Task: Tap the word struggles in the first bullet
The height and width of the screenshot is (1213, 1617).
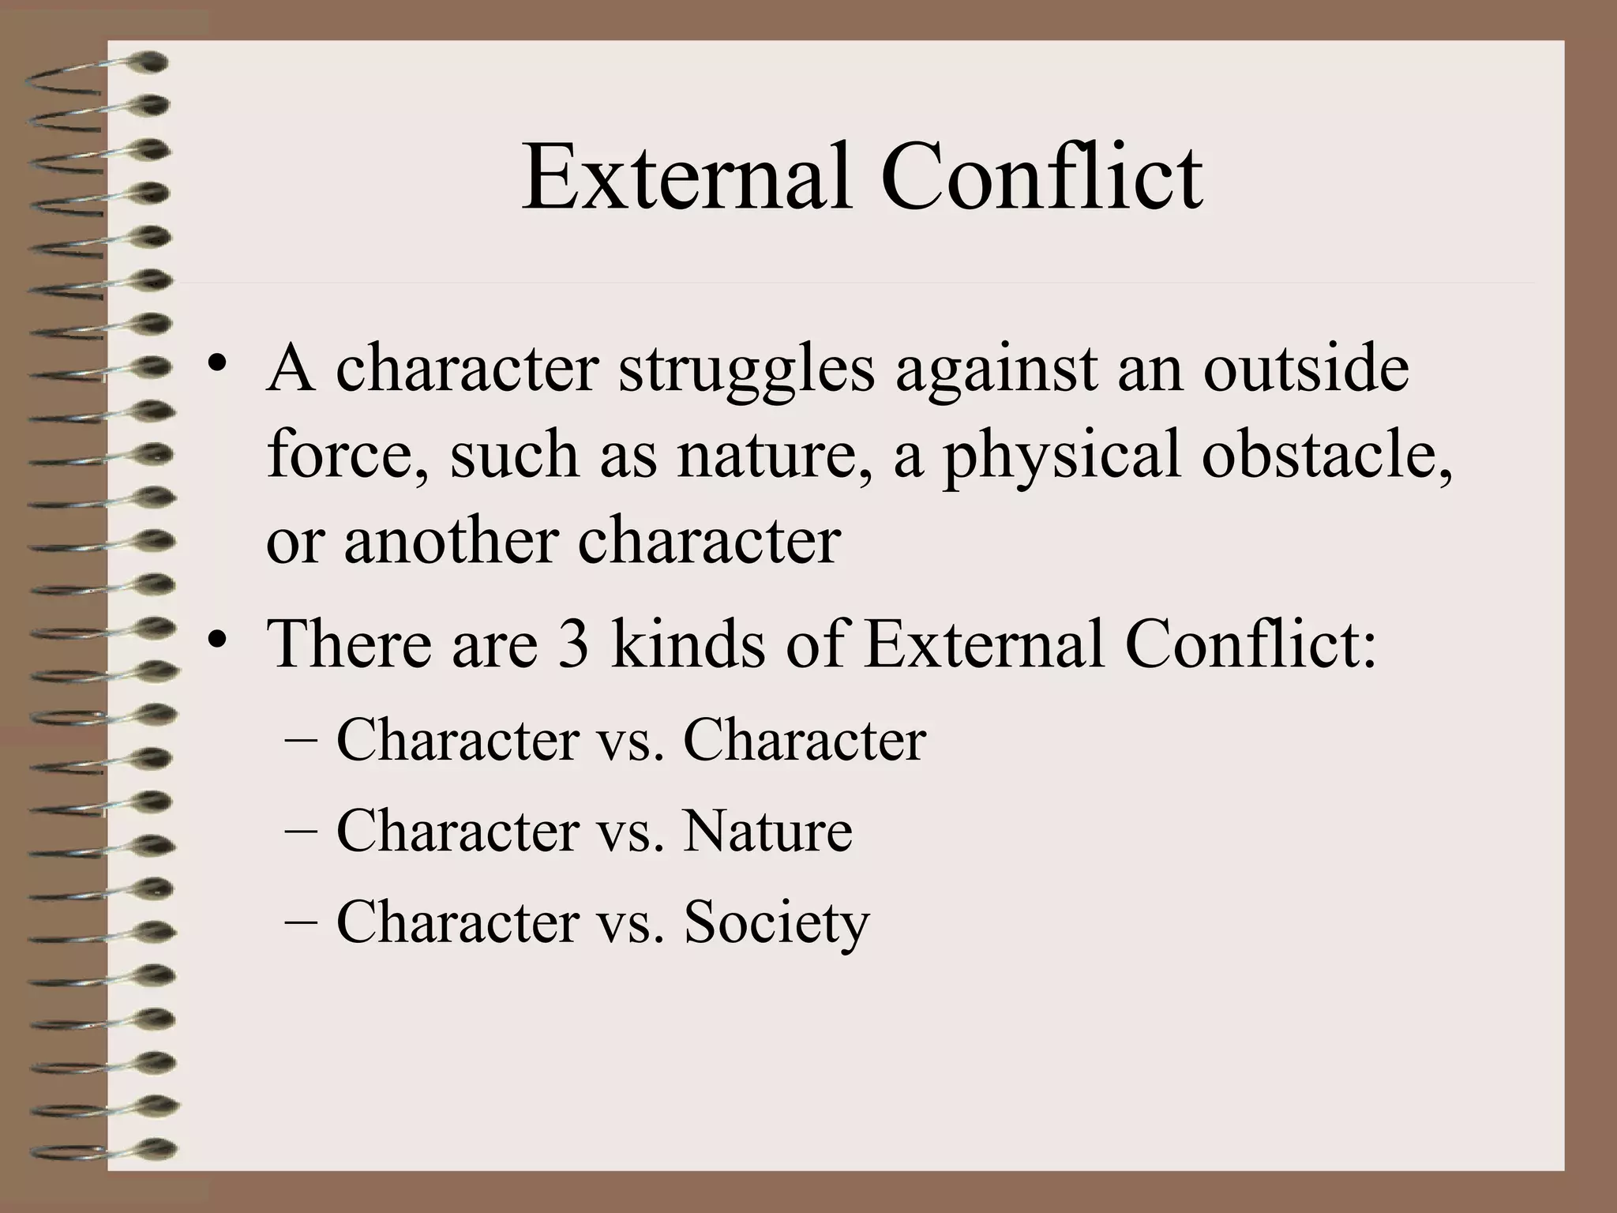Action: click(746, 369)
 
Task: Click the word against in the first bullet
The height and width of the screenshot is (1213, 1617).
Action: click(996, 369)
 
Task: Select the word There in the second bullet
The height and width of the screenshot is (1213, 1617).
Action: click(348, 644)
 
